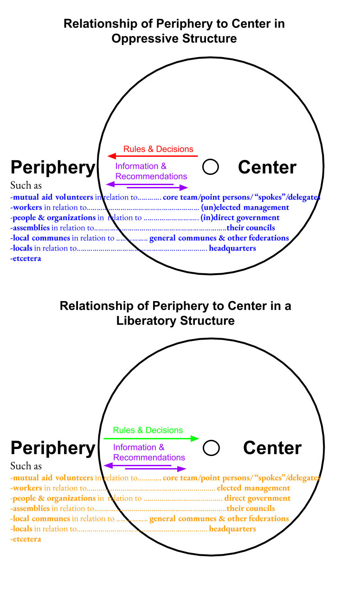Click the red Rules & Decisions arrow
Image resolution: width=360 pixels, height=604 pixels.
click(x=153, y=156)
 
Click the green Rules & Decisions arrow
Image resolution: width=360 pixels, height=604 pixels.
click(x=151, y=438)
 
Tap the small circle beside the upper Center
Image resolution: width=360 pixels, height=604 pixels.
click(x=211, y=167)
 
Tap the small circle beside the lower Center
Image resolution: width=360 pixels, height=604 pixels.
click(x=211, y=448)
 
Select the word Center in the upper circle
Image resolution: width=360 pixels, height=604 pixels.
click(x=267, y=167)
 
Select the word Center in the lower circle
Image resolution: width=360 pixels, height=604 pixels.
click(x=272, y=448)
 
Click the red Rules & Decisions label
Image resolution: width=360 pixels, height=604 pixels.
click(x=158, y=149)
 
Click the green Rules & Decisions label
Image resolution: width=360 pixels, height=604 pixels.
click(x=148, y=430)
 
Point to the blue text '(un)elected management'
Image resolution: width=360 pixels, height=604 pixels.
click(x=244, y=207)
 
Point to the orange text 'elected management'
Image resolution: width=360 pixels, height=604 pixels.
click(x=253, y=488)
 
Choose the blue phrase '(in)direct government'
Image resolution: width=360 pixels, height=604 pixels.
click(x=240, y=218)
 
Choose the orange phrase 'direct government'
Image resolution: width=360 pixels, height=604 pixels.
click(x=257, y=498)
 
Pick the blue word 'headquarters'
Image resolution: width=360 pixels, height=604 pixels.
click(x=232, y=248)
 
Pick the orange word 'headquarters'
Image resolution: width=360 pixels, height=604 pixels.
click(x=232, y=529)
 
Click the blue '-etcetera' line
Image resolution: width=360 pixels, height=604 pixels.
click(x=26, y=258)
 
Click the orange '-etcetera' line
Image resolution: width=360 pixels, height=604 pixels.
click(x=26, y=539)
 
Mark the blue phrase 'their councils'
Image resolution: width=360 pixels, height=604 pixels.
click(x=251, y=228)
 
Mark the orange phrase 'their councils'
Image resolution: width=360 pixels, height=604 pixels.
click(x=251, y=508)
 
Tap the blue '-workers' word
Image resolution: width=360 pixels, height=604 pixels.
click(x=26, y=207)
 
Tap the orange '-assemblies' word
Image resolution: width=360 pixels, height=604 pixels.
click(x=30, y=508)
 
